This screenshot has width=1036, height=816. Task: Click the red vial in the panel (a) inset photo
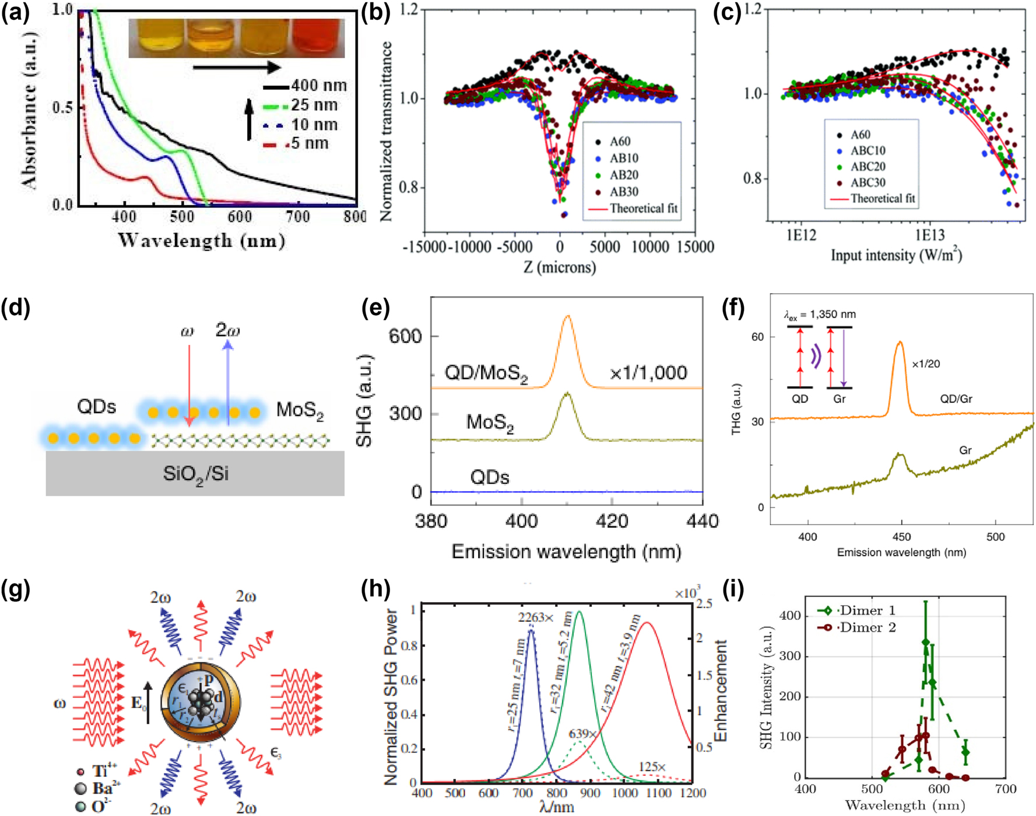tap(318, 38)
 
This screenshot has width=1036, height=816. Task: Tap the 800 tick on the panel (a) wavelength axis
tap(354, 217)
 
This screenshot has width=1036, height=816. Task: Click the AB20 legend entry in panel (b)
tap(624, 175)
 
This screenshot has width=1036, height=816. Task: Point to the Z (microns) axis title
tap(560, 268)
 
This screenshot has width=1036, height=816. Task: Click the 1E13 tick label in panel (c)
tap(929, 235)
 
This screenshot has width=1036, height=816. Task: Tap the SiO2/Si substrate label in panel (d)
tap(195, 474)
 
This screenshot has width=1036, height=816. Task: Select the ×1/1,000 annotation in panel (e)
tap(648, 373)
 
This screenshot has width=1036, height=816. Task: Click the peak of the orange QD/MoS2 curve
tap(567, 317)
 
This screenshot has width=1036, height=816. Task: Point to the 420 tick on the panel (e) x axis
tap(612, 520)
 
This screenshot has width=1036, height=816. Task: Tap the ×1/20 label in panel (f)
tap(926, 364)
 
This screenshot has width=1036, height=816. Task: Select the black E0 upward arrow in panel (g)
tap(148, 702)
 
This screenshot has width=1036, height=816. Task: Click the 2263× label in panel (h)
tap(536, 617)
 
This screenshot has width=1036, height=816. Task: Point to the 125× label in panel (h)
tap(652, 767)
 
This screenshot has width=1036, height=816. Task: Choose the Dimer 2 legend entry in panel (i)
tap(867, 628)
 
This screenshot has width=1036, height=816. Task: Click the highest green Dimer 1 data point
tap(926, 642)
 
